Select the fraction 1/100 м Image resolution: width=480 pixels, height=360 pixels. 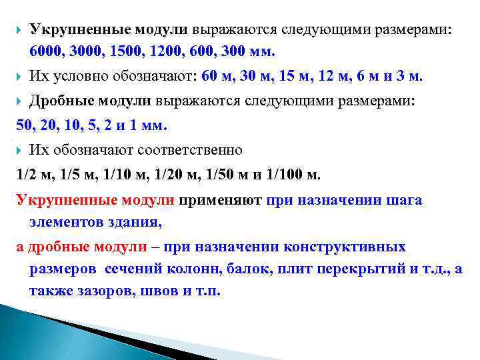click(x=292, y=175)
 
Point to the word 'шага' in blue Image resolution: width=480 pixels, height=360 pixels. click(x=405, y=199)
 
